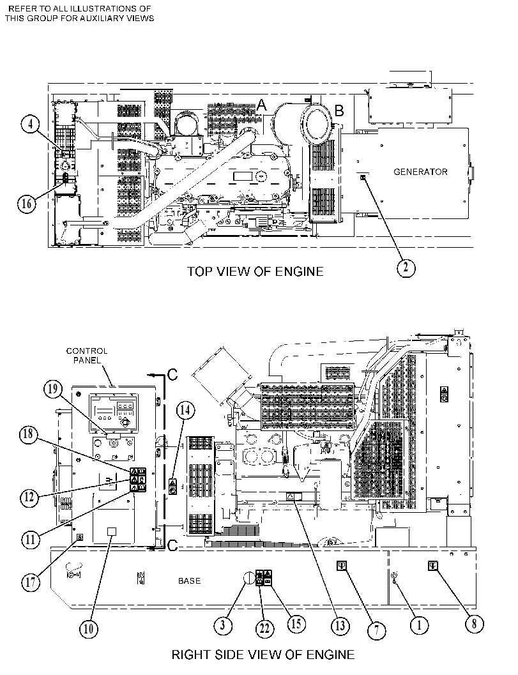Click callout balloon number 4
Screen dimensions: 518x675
click(x=30, y=125)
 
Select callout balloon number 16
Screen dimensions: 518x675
click(x=27, y=203)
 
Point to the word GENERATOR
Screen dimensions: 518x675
click(x=420, y=172)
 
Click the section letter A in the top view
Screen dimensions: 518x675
click(x=261, y=105)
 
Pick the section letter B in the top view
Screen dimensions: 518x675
click(x=339, y=110)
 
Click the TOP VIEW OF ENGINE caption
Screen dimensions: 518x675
click(x=255, y=271)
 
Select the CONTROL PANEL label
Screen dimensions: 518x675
click(x=87, y=356)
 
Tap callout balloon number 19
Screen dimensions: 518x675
click(x=52, y=390)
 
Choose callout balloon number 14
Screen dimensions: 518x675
click(x=185, y=410)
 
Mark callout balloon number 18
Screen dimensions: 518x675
click(x=28, y=434)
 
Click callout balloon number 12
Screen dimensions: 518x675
click(x=29, y=497)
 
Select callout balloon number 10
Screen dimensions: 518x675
click(x=88, y=628)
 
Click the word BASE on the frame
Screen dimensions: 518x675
click(x=190, y=580)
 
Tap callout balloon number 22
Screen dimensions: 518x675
click(x=265, y=628)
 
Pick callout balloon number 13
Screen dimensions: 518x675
click(x=340, y=625)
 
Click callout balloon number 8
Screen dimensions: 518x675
click(x=474, y=623)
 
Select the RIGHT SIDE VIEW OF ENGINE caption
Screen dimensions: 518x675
click(x=263, y=655)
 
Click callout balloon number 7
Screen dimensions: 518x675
click(x=376, y=631)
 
